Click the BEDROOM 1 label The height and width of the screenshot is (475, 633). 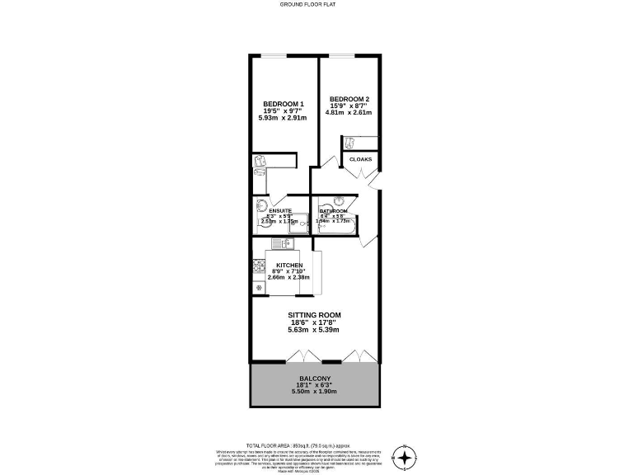point(283,103)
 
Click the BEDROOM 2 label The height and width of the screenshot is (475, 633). point(349,100)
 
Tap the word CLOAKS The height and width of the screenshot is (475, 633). point(361,159)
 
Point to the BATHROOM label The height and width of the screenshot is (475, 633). point(335,211)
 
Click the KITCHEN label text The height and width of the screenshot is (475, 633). point(289,265)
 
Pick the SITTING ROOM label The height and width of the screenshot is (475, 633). point(314,315)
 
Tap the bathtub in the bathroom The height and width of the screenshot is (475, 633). point(335,228)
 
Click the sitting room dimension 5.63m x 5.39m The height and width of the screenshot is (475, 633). point(314,330)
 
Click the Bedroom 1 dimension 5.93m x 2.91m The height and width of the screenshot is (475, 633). point(283,118)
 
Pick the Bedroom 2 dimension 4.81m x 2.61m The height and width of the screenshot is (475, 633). point(349,113)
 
